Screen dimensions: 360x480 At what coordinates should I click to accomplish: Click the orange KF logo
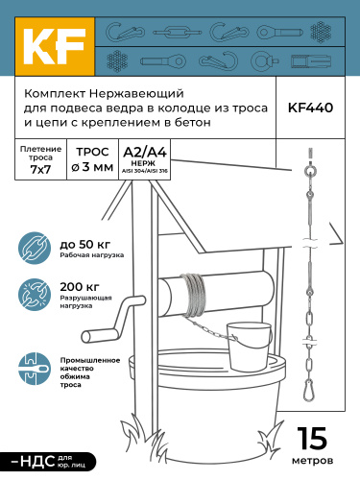pyautogui.click(x=55, y=46)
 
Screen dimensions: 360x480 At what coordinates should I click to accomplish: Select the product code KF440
pyautogui.click(x=310, y=108)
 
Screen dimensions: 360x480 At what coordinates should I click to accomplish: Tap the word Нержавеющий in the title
pyautogui.click(x=136, y=94)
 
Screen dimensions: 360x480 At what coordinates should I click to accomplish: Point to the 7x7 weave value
pyautogui.click(x=40, y=169)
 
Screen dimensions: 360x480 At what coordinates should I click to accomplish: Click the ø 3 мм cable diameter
pyautogui.click(x=92, y=167)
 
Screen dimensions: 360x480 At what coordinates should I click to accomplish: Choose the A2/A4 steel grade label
pyautogui.click(x=145, y=153)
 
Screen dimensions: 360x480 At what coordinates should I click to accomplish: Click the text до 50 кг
pyautogui.click(x=85, y=245)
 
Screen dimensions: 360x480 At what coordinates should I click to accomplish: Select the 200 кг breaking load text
pyautogui.click(x=80, y=287)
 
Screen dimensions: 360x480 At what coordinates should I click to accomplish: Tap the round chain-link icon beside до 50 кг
pyautogui.click(x=35, y=249)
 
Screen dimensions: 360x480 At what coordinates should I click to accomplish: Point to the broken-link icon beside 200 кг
pyautogui.click(x=35, y=295)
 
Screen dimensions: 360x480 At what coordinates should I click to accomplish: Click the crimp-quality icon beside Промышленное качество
pyautogui.click(x=35, y=369)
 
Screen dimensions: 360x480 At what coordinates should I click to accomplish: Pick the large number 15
pyautogui.click(x=312, y=439)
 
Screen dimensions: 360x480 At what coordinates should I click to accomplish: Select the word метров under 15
pyautogui.click(x=312, y=461)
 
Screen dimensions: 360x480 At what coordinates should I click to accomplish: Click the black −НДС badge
pyautogui.click(x=48, y=462)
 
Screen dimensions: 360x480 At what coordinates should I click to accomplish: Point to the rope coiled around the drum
pyautogui.click(x=193, y=295)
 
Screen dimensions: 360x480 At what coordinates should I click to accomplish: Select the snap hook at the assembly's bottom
pyautogui.click(x=309, y=390)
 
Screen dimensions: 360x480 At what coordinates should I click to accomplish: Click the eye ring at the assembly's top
pyautogui.click(x=309, y=172)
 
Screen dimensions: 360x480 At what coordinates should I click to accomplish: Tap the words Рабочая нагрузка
pyautogui.click(x=92, y=255)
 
